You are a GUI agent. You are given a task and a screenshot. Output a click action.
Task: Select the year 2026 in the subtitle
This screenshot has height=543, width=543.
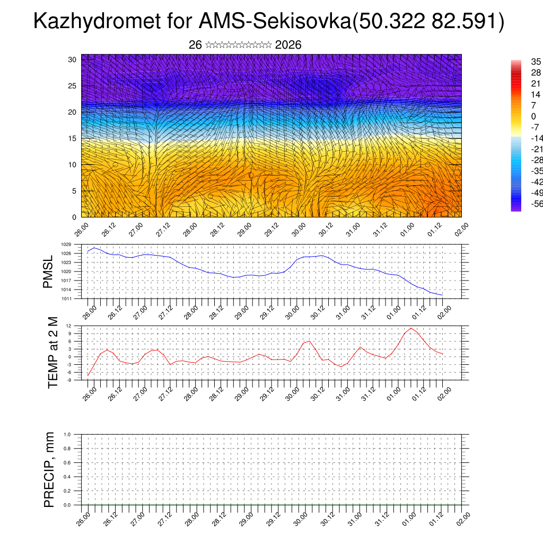click(x=288, y=45)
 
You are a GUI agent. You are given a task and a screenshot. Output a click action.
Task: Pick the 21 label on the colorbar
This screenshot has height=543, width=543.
click(x=536, y=84)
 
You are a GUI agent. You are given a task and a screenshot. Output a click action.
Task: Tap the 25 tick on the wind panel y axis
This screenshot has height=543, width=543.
click(x=73, y=86)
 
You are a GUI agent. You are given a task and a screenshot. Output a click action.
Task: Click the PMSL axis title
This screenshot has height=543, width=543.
click(x=48, y=272)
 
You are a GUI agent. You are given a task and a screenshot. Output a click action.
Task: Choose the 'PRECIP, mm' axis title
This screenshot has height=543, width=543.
click(x=50, y=470)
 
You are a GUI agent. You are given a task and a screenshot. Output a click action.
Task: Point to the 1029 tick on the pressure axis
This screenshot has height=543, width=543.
click(x=66, y=244)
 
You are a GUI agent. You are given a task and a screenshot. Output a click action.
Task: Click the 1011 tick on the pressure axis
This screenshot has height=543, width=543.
click(x=66, y=299)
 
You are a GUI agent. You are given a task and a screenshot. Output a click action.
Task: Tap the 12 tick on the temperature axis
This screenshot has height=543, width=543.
click(x=69, y=326)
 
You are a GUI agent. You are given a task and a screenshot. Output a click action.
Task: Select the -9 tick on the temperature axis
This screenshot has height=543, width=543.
click(x=69, y=380)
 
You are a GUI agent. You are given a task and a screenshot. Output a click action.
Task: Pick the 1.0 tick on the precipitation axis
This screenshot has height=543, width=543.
click(x=67, y=434)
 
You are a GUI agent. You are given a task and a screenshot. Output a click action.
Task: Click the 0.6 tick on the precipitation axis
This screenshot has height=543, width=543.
click(x=67, y=463)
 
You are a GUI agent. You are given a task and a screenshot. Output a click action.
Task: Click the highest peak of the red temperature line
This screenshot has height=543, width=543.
click(x=411, y=328)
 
